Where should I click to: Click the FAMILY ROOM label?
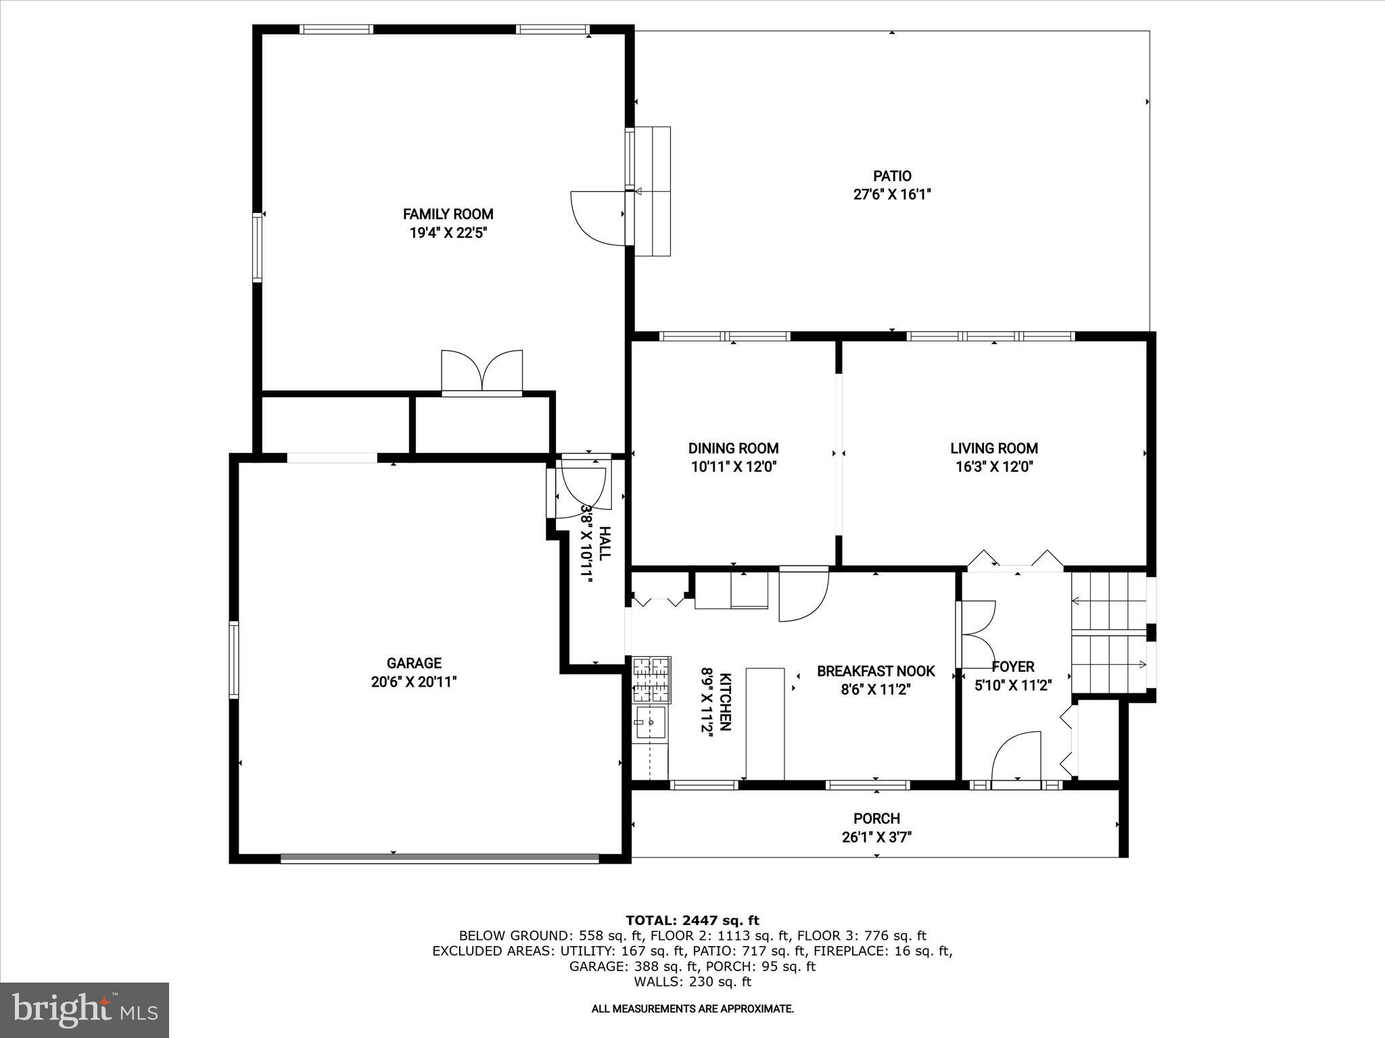coord(448,214)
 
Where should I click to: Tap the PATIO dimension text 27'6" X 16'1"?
coord(892,195)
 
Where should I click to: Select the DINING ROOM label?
coord(733,448)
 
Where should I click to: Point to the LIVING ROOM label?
coord(993,448)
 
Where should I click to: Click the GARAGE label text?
coord(414,664)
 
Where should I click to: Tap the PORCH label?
coord(876,819)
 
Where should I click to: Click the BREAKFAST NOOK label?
coord(876,671)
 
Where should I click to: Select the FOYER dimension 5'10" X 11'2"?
coord(1012,686)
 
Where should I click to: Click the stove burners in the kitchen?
coord(651,679)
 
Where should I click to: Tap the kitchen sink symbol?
coord(650,722)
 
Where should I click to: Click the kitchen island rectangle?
coord(765,723)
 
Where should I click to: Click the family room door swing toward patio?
coord(596,218)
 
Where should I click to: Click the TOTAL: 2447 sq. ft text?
coord(692,920)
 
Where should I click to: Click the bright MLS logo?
coord(85,1010)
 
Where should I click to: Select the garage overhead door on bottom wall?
coord(440,860)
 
